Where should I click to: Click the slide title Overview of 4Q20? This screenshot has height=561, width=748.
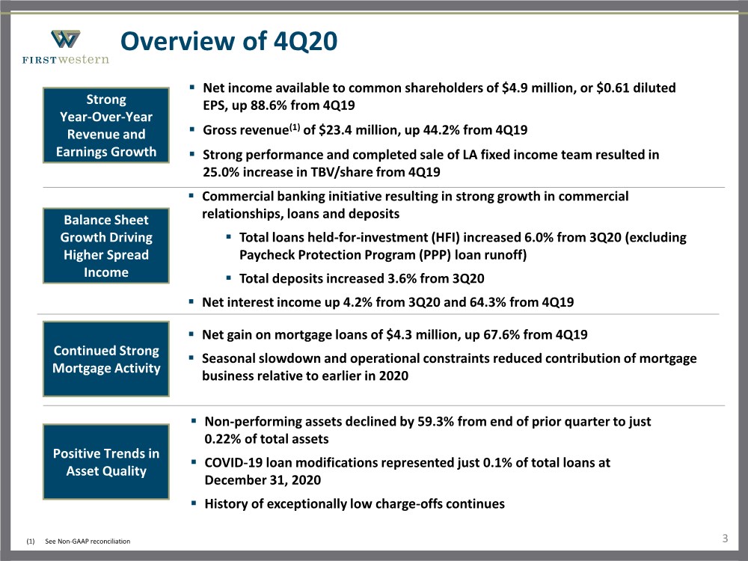click(229, 41)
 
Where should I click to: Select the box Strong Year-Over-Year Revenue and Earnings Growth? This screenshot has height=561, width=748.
click(106, 126)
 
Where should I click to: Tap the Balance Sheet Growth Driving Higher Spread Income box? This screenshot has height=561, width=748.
click(106, 245)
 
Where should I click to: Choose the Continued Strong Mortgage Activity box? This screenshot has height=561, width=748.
click(106, 359)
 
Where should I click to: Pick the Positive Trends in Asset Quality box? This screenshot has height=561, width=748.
click(106, 462)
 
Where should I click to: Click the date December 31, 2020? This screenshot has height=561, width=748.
click(263, 480)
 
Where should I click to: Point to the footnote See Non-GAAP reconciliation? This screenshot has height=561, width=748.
click(88, 541)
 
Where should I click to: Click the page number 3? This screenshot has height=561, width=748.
click(725, 539)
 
